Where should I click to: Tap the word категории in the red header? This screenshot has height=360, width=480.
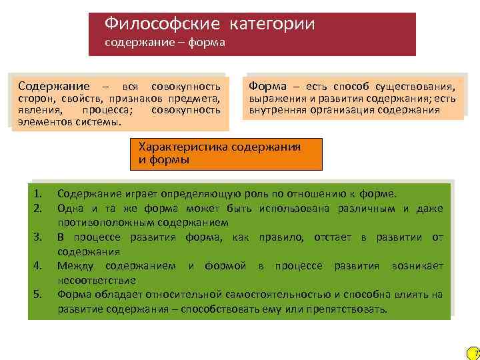[x=272, y=25]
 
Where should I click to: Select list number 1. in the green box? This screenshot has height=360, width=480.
[x=38, y=194]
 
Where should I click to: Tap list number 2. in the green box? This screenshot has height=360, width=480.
[x=38, y=209]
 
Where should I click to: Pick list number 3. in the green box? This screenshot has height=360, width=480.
[x=38, y=237]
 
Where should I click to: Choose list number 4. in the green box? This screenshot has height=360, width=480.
[x=38, y=266]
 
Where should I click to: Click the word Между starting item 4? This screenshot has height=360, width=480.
[x=75, y=266]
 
